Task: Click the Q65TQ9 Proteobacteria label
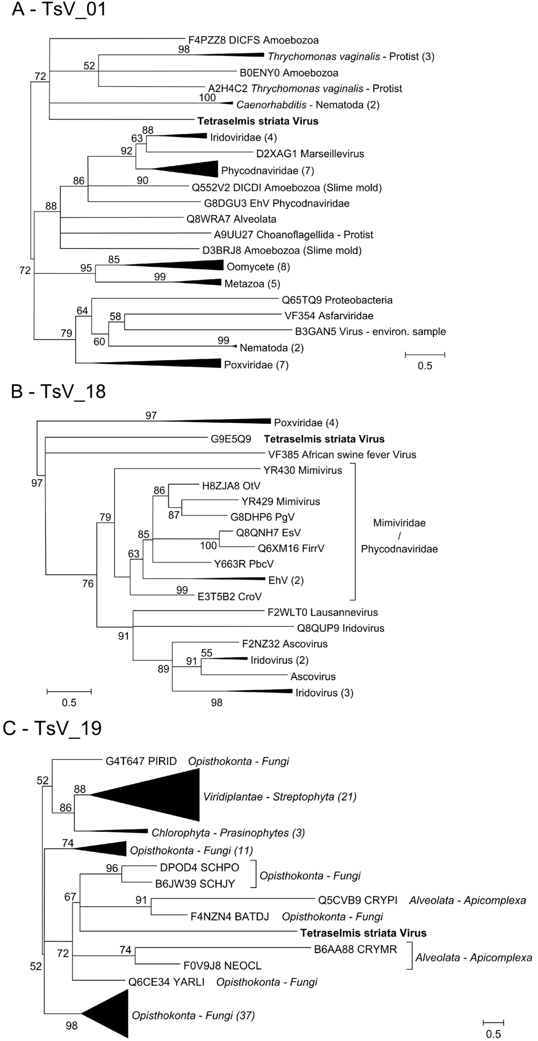click(337, 300)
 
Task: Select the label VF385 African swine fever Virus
click(342, 455)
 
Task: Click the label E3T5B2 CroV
click(229, 597)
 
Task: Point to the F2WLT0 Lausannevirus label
click(322, 612)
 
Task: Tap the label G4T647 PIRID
click(141, 761)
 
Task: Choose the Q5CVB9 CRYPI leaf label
click(357, 900)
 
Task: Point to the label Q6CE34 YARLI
click(166, 982)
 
